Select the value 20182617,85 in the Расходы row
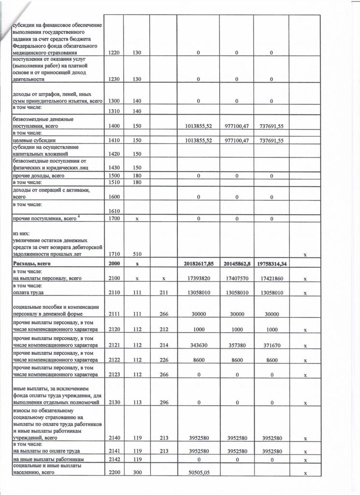[198, 264]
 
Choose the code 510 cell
[137, 253]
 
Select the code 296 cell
[163, 403]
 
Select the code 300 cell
[137, 473]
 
